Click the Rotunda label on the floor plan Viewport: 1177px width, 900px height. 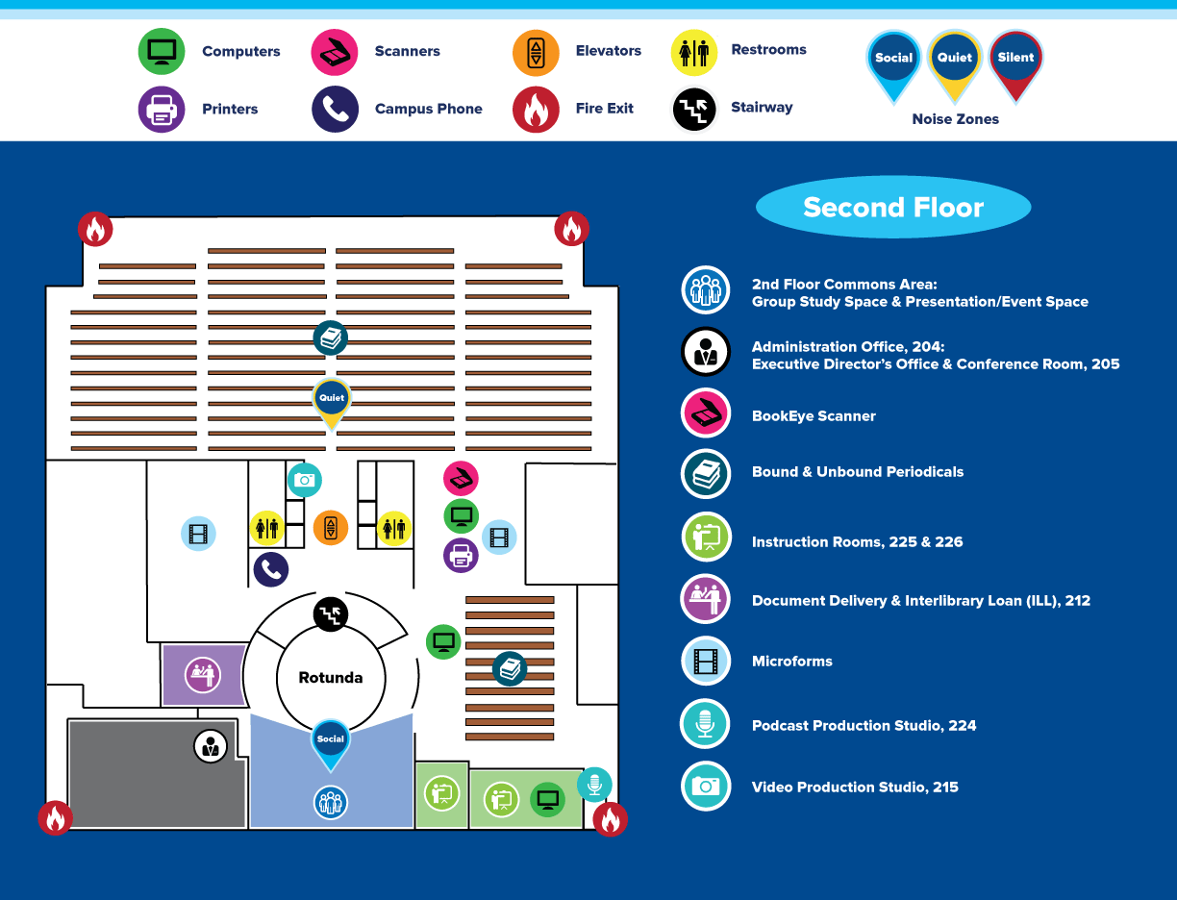pyautogui.click(x=331, y=678)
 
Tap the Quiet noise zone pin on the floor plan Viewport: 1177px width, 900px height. pyautogui.click(x=332, y=403)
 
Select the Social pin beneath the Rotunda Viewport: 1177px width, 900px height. pyautogui.click(x=331, y=744)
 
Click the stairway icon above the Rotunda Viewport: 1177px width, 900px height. pyautogui.click(x=331, y=614)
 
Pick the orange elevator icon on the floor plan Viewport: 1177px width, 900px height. pyautogui.click(x=331, y=528)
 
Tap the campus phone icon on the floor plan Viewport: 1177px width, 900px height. pyautogui.click(x=271, y=569)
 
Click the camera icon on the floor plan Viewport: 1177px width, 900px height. pyautogui.click(x=305, y=480)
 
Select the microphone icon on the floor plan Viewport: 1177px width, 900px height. pyautogui.click(x=594, y=785)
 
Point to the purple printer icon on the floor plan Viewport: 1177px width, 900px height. pyautogui.click(x=461, y=556)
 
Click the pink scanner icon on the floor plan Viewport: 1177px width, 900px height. pyautogui.click(x=461, y=478)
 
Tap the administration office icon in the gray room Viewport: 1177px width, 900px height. pyautogui.click(x=211, y=746)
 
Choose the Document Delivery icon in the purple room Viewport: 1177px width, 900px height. pyautogui.click(x=203, y=675)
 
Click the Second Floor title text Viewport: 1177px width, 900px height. pyautogui.click(x=893, y=207)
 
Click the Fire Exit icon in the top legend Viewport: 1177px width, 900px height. pyautogui.click(x=536, y=110)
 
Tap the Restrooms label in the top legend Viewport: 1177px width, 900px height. pyautogui.click(x=768, y=49)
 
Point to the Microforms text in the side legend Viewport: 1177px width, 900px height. pyautogui.click(x=792, y=661)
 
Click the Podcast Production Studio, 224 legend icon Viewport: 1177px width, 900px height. pyautogui.click(x=705, y=724)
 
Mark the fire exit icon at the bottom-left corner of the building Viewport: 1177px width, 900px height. pyautogui.click(x=55, y=818)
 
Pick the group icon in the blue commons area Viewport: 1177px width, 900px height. pyautogui.click(x=331, y=803)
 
